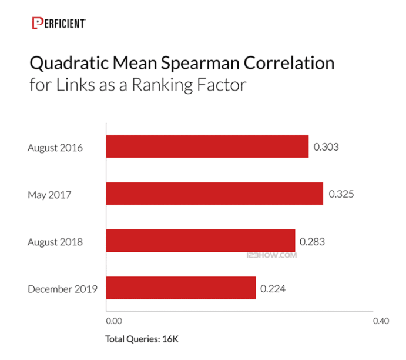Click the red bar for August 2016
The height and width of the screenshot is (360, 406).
[x=207, y=147]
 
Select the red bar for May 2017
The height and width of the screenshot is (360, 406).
[x=214, y=194]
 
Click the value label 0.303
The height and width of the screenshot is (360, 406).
[x=326, y=147]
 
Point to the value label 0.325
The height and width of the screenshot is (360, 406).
[x=341, y=194]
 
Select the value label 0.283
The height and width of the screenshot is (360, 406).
[x=312, y=241]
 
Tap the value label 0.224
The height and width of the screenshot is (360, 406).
[x=273, y=288]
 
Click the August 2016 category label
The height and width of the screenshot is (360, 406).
[x=55, y=148]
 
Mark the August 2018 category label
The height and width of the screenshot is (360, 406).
[x=55, y=242]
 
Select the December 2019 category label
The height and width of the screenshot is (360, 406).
[x=62, y=289]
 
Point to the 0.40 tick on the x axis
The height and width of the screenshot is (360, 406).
[x=381, y=322]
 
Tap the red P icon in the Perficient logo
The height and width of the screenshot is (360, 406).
[x=37, y=23]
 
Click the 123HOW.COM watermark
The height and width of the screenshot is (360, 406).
[x=272, y=256]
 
